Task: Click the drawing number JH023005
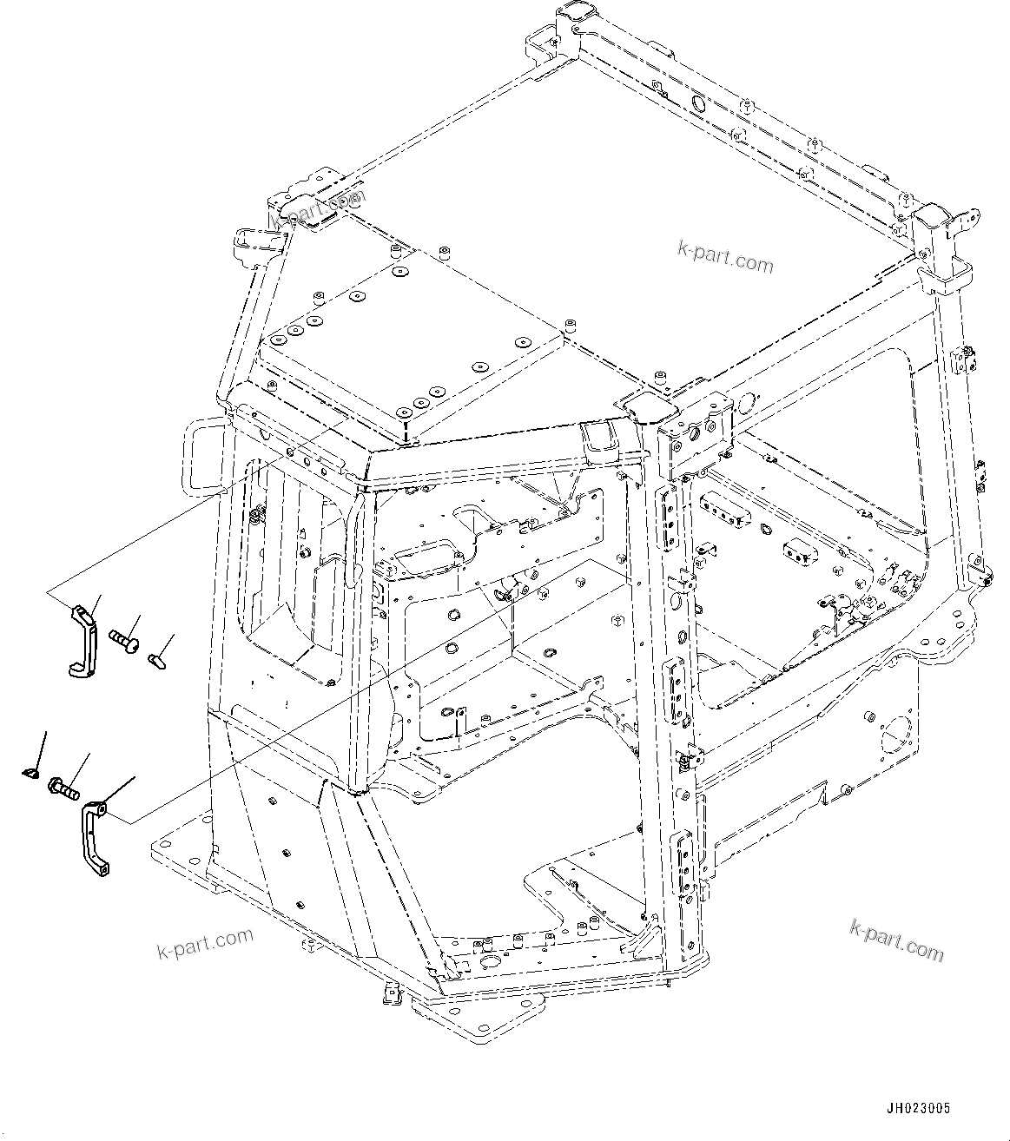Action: (918, 1109)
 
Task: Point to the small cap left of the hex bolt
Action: (30, 770)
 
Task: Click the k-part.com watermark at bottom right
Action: (896, 940)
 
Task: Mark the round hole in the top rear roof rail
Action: (697, 103)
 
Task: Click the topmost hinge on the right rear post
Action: (964, 358)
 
